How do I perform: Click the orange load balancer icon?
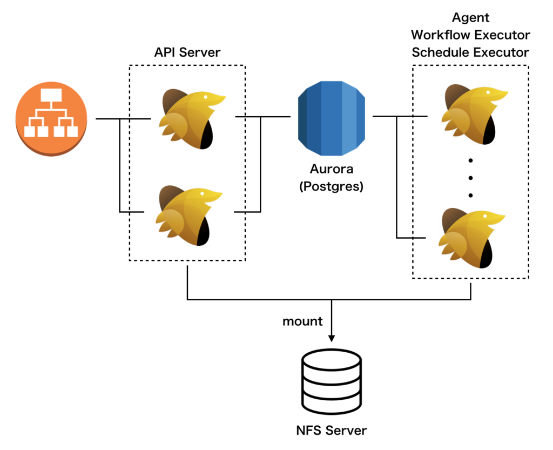52,119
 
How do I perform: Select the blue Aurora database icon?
331,118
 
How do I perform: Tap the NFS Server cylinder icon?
331,381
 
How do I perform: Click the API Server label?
187,52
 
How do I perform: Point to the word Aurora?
331,169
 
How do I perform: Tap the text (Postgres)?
331,187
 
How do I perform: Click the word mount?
302,321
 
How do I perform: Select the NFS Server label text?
331,431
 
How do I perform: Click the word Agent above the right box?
470,18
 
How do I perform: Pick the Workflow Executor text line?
470,35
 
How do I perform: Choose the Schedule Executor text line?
470,52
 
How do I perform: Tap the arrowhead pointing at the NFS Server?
331,337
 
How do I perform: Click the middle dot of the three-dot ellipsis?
471,178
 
